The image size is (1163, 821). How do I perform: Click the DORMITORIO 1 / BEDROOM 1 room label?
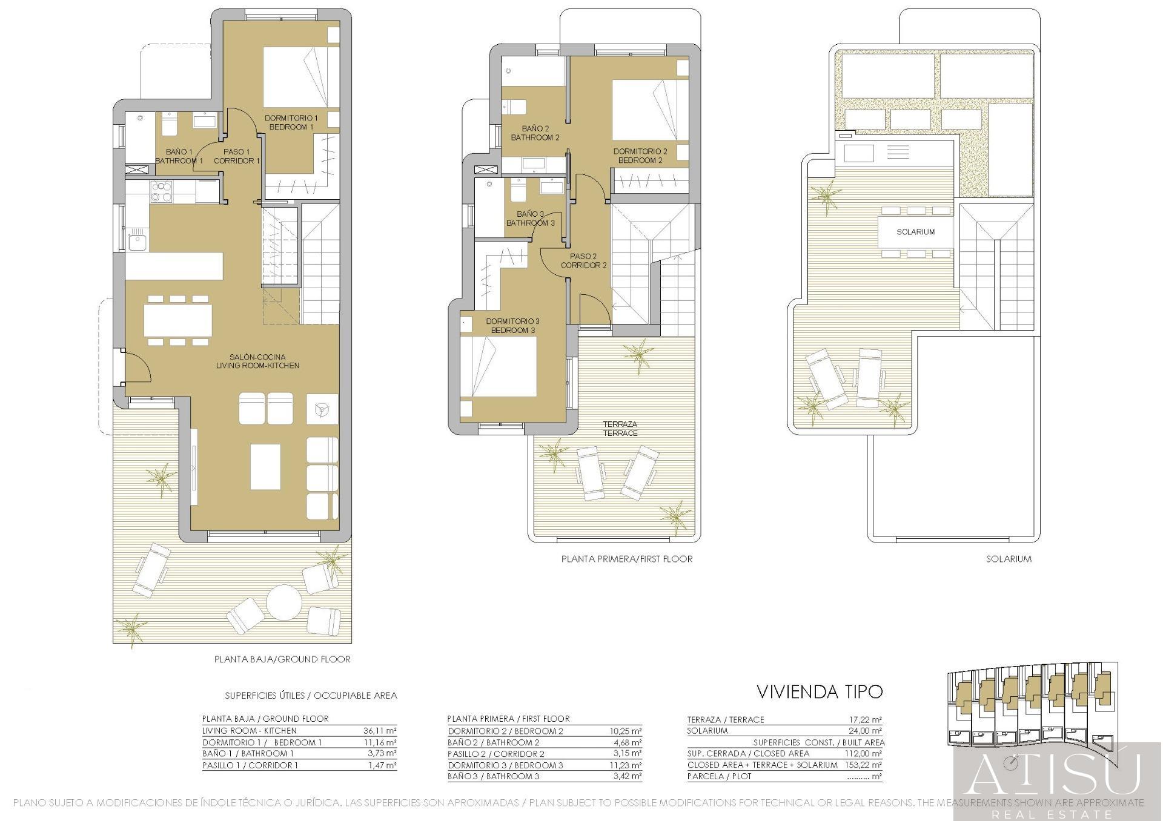[291, 122]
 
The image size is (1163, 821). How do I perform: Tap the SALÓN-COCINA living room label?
[257, 361]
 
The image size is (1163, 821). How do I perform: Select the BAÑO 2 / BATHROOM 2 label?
[535, 133]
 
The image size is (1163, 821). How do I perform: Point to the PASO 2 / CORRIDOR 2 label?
[583, 261]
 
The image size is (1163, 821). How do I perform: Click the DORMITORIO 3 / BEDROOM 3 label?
[512, 326]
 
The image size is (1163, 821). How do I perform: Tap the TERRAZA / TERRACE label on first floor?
[620, 429]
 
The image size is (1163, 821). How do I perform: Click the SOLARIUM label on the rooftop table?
[915, 232]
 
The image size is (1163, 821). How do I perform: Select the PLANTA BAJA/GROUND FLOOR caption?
[282, 659]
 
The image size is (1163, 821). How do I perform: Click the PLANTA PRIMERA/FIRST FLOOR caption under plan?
[627, 559]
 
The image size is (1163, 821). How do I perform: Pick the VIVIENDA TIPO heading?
[820, 691]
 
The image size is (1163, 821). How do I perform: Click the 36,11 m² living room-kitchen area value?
[380, 731]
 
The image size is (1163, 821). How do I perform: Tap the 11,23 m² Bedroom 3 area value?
[626, 765]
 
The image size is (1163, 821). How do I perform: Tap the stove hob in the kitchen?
[162, 191]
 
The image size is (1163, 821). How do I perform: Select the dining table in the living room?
[178, 320]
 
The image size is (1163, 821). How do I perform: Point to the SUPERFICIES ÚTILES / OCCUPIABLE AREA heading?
[311, 696]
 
